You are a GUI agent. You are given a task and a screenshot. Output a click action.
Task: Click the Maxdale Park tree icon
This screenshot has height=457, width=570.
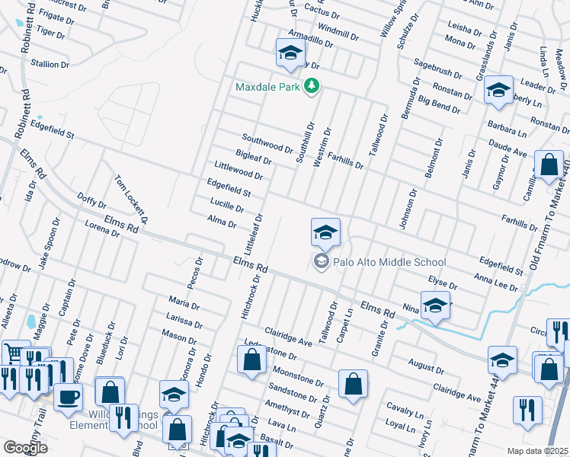tap(310, 88)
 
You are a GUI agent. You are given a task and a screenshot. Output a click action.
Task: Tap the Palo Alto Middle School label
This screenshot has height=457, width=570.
tap(389, 263)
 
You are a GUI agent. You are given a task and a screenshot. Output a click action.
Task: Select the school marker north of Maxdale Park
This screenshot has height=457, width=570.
tap(290, 53)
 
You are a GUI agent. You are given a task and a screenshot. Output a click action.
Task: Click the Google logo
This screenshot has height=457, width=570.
tap(26, 448)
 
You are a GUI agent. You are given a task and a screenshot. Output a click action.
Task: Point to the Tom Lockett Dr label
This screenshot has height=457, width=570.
tap(130, 198)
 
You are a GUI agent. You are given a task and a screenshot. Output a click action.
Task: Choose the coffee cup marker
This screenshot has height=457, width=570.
tap(69, 396)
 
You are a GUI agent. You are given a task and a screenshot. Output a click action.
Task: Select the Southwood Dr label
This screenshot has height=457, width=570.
tap(267, 142)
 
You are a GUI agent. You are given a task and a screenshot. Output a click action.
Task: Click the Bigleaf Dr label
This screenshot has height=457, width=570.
tap(254, 158)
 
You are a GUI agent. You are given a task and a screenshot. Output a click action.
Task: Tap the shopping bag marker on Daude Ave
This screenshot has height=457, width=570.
tap(549, 165)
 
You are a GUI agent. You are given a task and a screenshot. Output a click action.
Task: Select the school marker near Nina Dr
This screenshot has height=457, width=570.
tap(435, 307)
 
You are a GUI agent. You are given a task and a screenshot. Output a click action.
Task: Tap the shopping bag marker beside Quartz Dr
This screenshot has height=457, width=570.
tap(353, 385)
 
